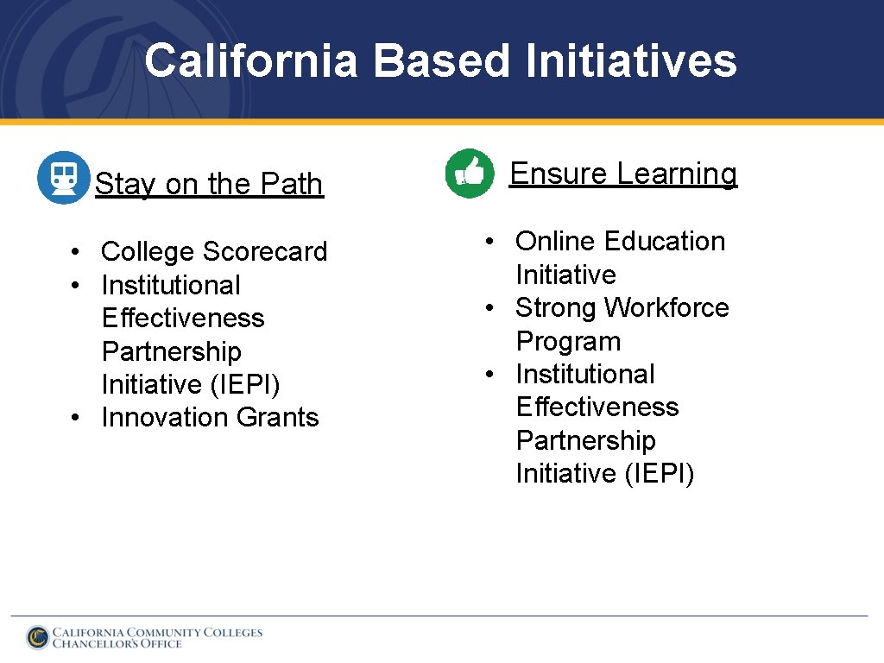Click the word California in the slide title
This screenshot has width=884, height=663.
point(250,61)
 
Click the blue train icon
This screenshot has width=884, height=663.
point(63,178)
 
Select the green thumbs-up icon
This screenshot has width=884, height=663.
point(470,173)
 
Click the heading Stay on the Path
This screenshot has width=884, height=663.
point(209,184)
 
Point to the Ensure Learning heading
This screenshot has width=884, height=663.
point(623,174)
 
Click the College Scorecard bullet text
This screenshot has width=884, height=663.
point(214,251)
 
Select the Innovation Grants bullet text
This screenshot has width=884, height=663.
point(210,417)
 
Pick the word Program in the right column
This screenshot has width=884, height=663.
point(568,341)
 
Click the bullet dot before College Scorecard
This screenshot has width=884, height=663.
point(77,252)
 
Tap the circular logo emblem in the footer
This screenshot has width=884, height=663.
point(37,637)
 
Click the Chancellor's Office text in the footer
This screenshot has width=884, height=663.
point(117,644)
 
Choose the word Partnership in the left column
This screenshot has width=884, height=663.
point(171,351)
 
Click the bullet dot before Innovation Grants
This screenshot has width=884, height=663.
point(77,418)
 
